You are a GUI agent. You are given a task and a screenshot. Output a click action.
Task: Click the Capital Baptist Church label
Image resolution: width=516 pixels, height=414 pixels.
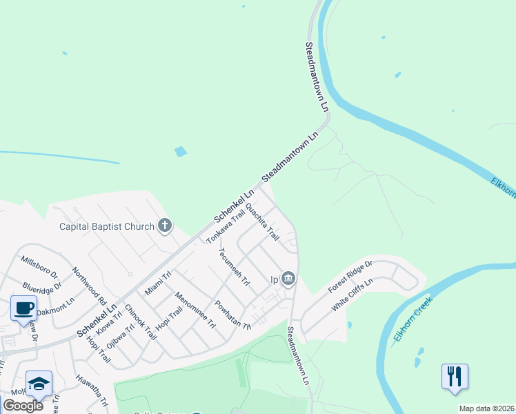[107, 226]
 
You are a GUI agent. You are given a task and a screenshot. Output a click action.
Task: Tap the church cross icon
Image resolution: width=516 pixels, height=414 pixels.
[165, 226]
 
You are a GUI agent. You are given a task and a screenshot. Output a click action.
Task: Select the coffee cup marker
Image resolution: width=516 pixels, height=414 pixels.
[24, 308]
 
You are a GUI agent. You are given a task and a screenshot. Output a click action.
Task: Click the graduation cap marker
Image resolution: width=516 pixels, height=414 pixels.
[39, 383]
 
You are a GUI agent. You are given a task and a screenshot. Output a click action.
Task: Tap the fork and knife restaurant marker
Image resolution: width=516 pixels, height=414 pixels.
[455, 377]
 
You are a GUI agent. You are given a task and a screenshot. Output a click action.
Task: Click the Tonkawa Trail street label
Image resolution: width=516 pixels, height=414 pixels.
[226, 226]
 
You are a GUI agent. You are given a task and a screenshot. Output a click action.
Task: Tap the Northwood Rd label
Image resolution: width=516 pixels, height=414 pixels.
[89, 286]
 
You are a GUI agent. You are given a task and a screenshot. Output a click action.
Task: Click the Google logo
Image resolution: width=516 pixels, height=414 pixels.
[23, 406]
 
